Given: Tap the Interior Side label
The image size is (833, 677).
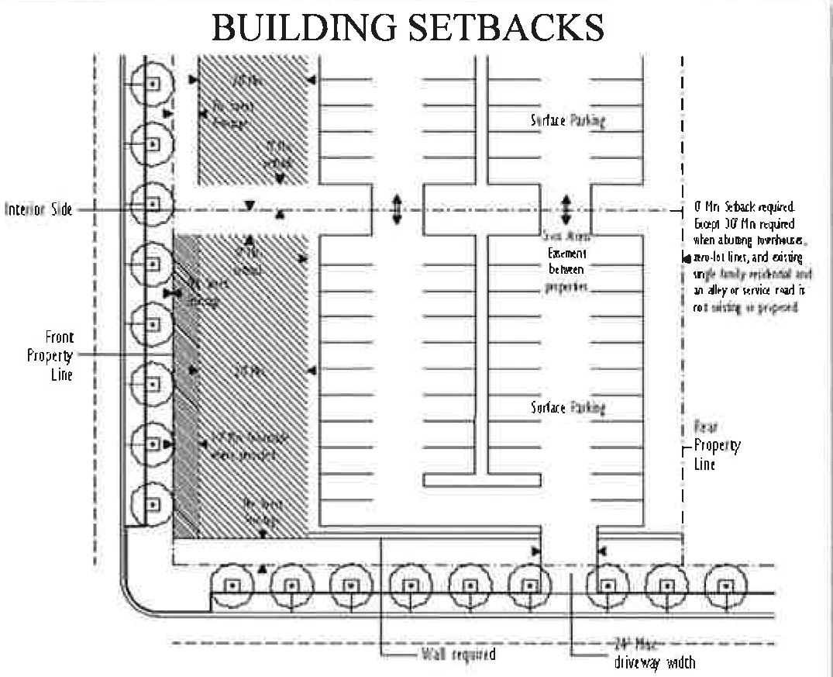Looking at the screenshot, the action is point(38,209).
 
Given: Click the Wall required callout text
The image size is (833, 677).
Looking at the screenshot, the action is point(457,654).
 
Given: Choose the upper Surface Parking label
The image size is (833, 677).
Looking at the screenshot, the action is point(567,120).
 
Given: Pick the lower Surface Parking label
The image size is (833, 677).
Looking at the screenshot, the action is point(567,407).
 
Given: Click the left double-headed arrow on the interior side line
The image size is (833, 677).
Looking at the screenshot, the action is point(397,209).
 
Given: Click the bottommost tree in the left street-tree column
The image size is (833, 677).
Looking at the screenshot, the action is point(152,503).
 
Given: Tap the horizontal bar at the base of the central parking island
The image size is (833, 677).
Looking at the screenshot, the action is point(481,480).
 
